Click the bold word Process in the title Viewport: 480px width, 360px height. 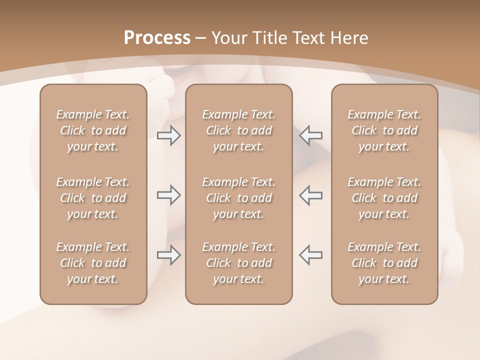[157, 38]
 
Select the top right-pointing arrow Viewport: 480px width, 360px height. [168, 135]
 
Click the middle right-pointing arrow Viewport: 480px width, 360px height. [168, 195]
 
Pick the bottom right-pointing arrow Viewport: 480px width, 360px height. [168, 255]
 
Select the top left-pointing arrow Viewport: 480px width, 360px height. [310, 135]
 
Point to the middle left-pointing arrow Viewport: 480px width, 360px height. [310, 195]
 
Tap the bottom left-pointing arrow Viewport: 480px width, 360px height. [310, 255]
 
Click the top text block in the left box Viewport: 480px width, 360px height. [93, 130]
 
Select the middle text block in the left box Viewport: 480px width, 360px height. [93, 198]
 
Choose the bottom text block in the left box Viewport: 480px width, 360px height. [93, 263]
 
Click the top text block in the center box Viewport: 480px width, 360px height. [238, 130]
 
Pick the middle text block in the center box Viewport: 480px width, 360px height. [238, 198]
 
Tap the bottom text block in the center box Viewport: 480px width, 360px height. [238, 263]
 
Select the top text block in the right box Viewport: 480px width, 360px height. [384, 130]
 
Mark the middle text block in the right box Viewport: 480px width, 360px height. [384, 198]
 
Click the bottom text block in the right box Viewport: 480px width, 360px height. [384, 263]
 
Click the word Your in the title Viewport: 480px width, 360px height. [228, 38]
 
